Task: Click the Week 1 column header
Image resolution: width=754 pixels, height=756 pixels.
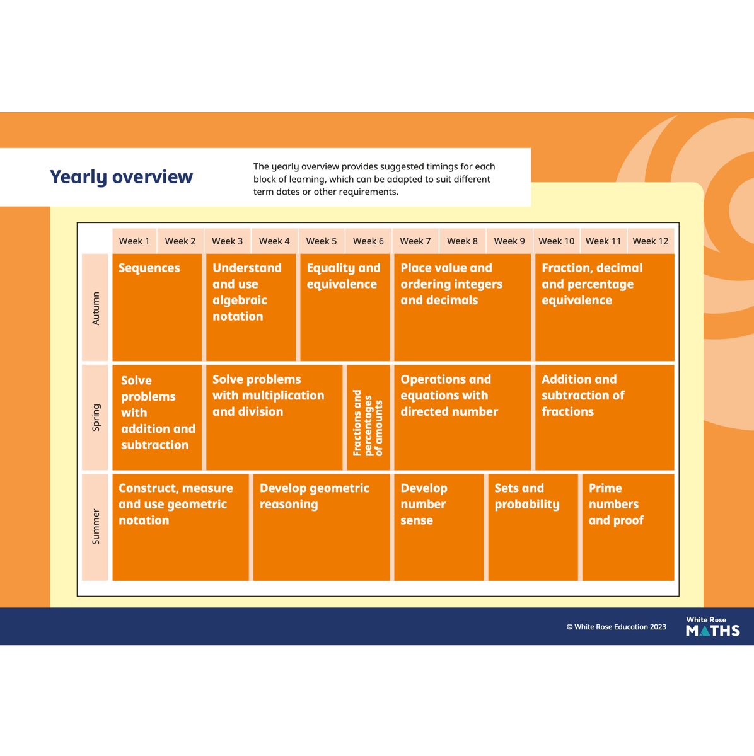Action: pos(134,241)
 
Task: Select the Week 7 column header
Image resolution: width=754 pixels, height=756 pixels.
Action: pos(415,241)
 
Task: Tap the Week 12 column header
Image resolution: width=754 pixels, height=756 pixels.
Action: pos(651,241)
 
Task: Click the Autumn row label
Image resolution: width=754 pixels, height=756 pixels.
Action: pos(95,307)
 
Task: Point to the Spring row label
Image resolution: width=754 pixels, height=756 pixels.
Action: pos(95,418)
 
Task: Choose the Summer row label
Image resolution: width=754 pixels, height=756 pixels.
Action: pos(95,527)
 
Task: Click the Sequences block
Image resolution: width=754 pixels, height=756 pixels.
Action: pos(157,307)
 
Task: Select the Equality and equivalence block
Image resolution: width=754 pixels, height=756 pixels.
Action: pos(345,307)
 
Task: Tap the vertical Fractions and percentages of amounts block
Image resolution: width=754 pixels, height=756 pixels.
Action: pos(368,418)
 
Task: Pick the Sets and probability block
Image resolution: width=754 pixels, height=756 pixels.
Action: pos(533,527)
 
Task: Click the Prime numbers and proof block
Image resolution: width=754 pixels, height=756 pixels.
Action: pos(629,527)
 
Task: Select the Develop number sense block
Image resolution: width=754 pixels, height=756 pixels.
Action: pos(439,527)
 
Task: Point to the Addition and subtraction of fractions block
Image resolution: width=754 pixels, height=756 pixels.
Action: pos(605,418)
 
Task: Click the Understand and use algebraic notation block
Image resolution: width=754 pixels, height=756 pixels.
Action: pos(251,307)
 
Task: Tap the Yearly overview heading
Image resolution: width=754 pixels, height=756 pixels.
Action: pos(121,177)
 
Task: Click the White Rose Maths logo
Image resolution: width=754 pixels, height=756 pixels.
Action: pos(713,626)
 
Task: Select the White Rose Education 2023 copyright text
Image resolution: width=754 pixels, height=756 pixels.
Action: pos(616,627)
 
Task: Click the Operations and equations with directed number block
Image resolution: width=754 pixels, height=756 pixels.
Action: pos(463,418)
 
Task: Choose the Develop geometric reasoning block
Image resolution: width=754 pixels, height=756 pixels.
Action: pos(322,527)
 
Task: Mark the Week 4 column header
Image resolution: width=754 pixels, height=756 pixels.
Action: pos(274,241)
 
